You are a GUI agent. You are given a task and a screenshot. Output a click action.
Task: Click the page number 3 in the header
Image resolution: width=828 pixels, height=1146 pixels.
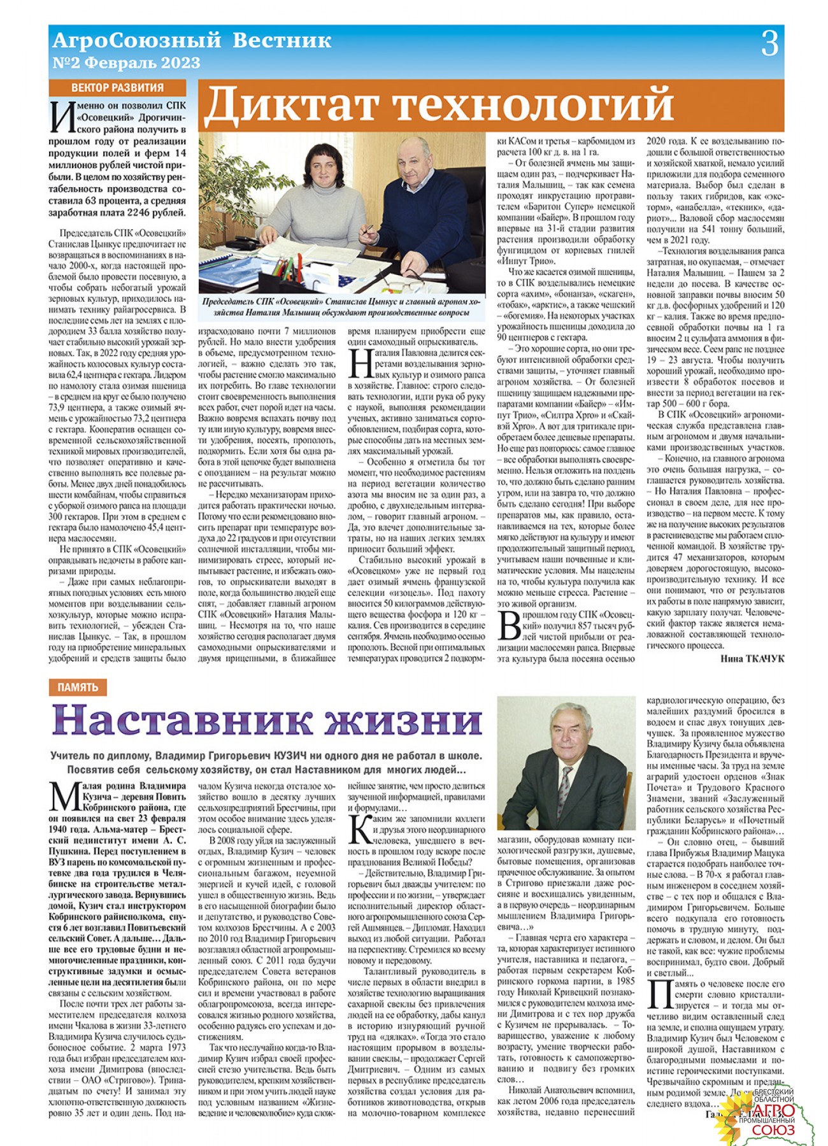[769, 44]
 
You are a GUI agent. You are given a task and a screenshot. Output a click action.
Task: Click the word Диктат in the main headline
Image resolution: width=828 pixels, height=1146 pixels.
[294, 104]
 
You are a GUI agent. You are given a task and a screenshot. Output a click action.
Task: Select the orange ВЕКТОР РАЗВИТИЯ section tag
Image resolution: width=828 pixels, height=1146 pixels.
[117, 88]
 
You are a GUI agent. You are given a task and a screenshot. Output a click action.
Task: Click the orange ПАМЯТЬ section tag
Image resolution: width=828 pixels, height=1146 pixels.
[78, 687]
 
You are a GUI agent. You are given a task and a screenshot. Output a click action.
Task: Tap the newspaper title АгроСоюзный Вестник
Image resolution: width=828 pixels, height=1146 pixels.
[191, 41]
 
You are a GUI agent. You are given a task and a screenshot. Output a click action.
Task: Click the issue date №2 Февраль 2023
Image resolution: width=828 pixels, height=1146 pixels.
[126, 63]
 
